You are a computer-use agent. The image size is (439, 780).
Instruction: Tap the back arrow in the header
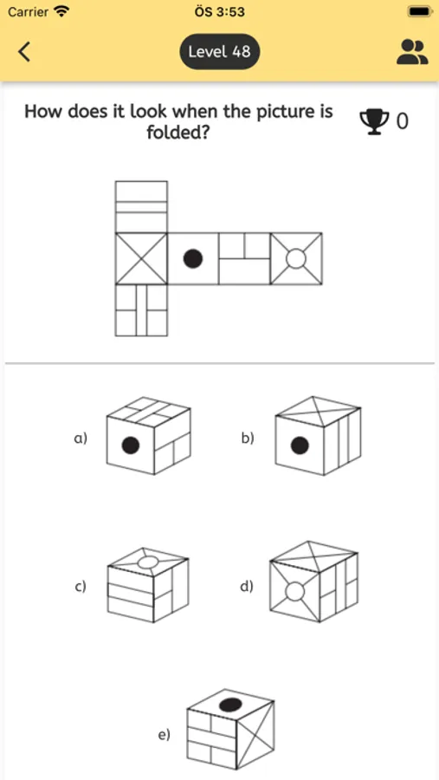pos(24,51)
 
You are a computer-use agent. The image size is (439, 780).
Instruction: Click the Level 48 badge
pos(219,51)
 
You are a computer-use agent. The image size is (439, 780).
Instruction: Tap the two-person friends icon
pos(412,51)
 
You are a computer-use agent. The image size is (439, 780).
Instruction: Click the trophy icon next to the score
pos(374,120)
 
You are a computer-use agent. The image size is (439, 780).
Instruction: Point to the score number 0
pos(402,121)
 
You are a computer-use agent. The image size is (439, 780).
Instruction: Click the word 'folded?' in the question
pos(178,133)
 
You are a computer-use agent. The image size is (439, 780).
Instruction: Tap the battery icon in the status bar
pos(418,12)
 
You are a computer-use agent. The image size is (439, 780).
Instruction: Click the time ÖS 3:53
pos(219,12)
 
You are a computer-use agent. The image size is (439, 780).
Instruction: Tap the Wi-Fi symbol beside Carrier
pos(61,12)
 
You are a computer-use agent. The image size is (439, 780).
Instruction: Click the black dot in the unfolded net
pos(193,258)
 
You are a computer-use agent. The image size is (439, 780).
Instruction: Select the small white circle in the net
pos(296,258)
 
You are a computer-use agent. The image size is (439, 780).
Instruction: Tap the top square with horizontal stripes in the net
pos(141,206)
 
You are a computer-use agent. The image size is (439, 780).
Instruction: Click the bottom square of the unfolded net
pos(141,309)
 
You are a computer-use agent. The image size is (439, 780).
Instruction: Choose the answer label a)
pos(81,439)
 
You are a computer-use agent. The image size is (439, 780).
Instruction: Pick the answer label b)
pos(248,439)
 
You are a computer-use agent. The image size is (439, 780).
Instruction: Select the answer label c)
pos(81,587)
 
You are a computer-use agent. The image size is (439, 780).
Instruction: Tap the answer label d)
pos(247,587)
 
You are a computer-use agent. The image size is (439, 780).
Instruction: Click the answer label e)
pos(164,735)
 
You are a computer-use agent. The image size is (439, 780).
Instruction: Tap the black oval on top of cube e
pos(230,705)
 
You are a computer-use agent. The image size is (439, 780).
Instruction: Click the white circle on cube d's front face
pos(295,592)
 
